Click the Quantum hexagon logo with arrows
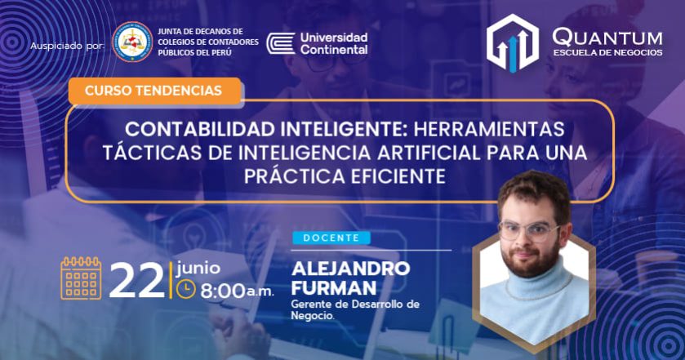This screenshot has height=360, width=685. click(x=513, y=42)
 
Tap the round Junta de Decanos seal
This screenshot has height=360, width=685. click(x=132, y=42)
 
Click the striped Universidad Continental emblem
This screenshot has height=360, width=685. click(x=281, y=43)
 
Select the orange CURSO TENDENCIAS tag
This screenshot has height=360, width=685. click(x=154, y=91)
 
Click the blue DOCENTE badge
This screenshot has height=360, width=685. click(x=331, y=238)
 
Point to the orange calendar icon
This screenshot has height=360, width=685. click(x=82, y=278)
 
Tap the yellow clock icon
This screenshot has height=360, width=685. click(x=185, y=289)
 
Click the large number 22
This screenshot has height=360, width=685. click(x=136, y=282)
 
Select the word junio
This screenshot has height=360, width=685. click(x=198, y=268)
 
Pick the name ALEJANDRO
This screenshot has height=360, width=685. click(x=351, y=269)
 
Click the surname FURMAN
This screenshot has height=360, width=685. click(x=334, y=288)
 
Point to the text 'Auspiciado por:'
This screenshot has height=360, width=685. click(x=67, y=46)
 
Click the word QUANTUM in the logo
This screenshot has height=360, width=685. click(x=607, y=38)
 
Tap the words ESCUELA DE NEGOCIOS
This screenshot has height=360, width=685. click(x=607, y=52)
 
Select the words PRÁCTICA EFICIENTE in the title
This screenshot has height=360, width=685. click(x=345, y=176)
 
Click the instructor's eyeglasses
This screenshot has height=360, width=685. click(x=528, y=230)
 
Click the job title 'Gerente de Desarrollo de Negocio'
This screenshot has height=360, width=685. click(x=355, y=309)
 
